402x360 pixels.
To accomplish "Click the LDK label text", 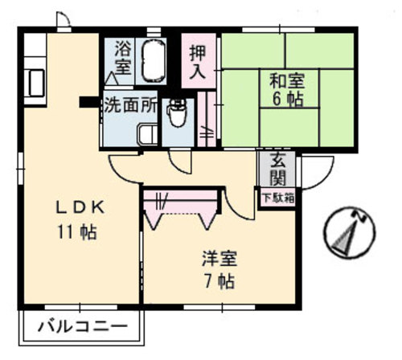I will coord(76,207).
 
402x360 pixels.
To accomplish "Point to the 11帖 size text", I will coord(76,233).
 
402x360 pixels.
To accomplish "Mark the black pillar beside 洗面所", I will coord(86,102).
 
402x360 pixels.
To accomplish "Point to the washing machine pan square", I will coord(147,135).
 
